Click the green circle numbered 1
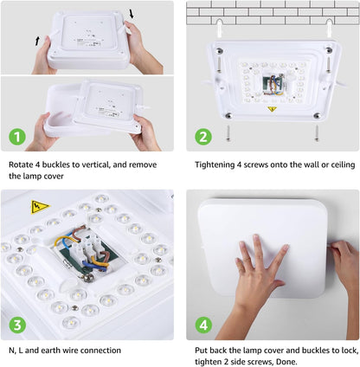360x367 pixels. [x=16, y=136]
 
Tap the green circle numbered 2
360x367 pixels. [x=202, y=136]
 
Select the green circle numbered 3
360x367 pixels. [x=16, y=325]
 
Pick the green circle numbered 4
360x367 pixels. [x=202, y=325]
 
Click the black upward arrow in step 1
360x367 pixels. [x=37, y=41]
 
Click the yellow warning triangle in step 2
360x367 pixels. [x=271, y=109]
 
